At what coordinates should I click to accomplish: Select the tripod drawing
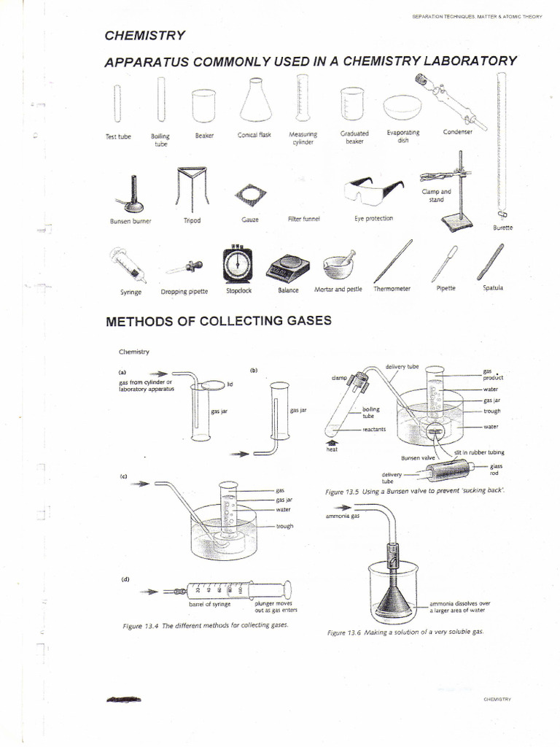pos(191,187)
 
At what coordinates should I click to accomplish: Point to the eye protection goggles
pos(373,191)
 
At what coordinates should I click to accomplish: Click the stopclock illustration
pos(238,264)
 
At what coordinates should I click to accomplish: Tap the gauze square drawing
pos(250,194)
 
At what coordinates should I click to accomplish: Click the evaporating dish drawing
pos(403,108)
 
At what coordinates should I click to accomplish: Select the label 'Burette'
pos(502,228)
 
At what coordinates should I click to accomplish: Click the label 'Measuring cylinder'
pos(303,138)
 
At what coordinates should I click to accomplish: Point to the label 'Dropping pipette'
pos(184,291)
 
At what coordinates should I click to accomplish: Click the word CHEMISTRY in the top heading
pos(145,36)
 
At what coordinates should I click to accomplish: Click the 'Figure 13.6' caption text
pos(405,632)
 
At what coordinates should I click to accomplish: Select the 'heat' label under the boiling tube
pos(332,449)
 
